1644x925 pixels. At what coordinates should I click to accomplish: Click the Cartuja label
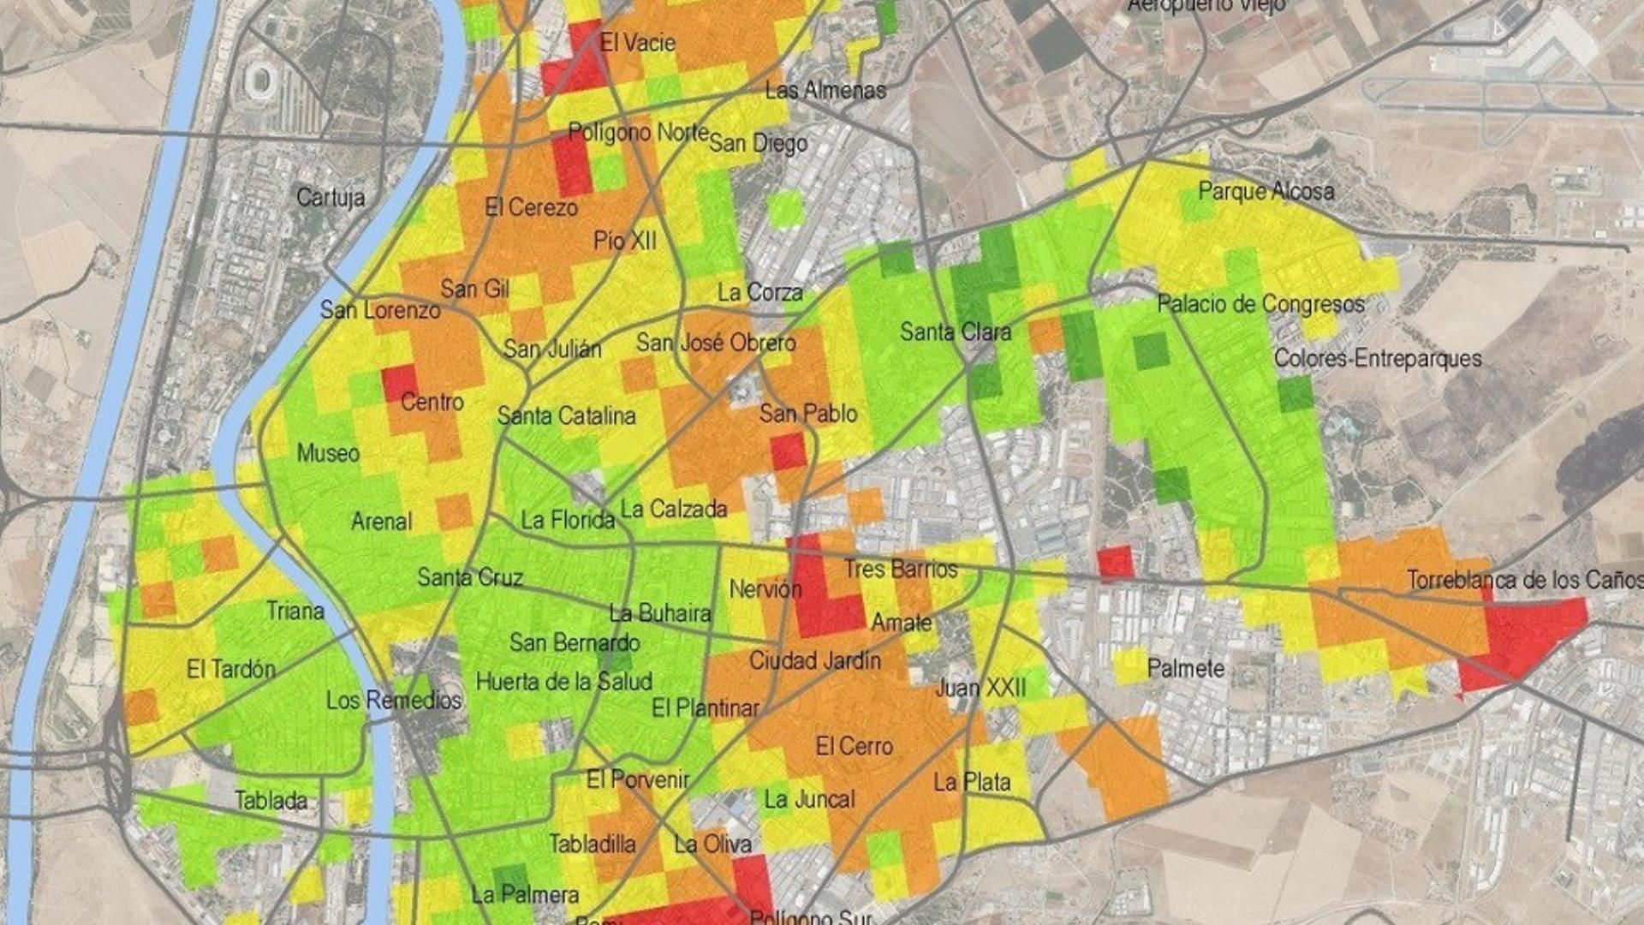pyautogui.click(x=331, y=198)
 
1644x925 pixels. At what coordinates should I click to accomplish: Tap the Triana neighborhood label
pyautogui.click(x=295, y=611)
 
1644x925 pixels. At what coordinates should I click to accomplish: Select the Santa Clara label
pyautogui.click(x=956, y=331)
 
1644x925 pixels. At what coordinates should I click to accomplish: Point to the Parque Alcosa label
pyautogui.click(x=1266, y=191)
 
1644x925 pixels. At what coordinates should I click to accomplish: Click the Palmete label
pyautogui.click(x=1185, y=668)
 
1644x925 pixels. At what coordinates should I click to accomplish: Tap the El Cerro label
pyautogui.click(x=854, y=746)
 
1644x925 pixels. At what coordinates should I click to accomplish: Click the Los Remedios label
pyautogui.click(x=394, y=700)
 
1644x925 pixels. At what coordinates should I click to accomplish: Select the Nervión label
pyautogui.click(x=765, y=589)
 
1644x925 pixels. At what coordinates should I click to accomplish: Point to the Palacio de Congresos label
pyautogui.click(x=1260, y=304)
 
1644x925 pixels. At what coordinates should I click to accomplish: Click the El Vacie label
pyautogui.click(x=637, y=43)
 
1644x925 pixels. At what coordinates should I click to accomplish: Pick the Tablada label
pyautogui.click(x=271, y=801)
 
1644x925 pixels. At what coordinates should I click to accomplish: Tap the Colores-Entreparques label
pyautogui.click(x=1377, y=358)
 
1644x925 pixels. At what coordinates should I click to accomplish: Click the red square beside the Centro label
pyautogui.click(x=399, y=383)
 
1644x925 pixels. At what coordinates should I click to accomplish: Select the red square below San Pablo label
pyautogui.click(x=788, y=451)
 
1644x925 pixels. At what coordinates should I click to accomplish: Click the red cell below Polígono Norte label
pyautogui.click(x=572, y=164)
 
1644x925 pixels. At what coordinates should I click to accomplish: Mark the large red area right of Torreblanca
pyautogui.click(x=1520, y=638)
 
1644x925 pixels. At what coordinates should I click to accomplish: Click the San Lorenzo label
pyautogui.click(x=380, y=310)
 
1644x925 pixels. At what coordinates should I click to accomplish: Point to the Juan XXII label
pyautogui.click(x=980, y=687)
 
